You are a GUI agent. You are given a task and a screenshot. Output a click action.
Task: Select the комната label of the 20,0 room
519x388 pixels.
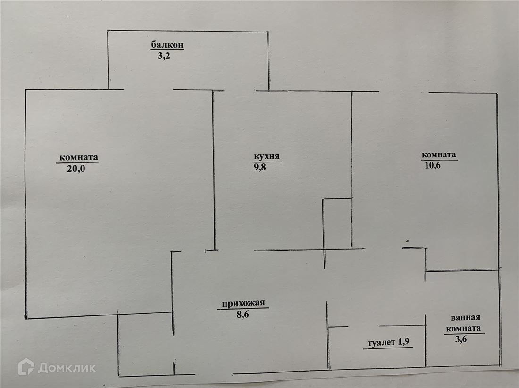[x=78, y=157]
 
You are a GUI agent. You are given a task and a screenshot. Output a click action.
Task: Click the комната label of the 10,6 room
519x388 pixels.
[x=439, y=154]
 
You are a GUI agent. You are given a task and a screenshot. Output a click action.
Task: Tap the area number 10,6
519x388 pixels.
[x=431, y=165]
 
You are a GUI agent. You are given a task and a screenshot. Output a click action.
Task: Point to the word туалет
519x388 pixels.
[x=381, y=343]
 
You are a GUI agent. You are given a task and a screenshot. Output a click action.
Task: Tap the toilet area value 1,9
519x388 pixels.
[x=403, y=343]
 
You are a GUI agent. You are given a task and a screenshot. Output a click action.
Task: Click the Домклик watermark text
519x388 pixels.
[x=67, y=368]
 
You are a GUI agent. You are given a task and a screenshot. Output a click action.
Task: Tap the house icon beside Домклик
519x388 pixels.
[x=26, y=367]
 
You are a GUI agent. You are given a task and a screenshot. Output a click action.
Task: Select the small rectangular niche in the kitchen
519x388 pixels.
[x=337, y=223]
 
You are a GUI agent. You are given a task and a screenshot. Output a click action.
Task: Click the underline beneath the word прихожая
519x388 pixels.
[x=243, y=309]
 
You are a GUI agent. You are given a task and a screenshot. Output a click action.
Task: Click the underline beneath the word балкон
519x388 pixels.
[x=167, y=49]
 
